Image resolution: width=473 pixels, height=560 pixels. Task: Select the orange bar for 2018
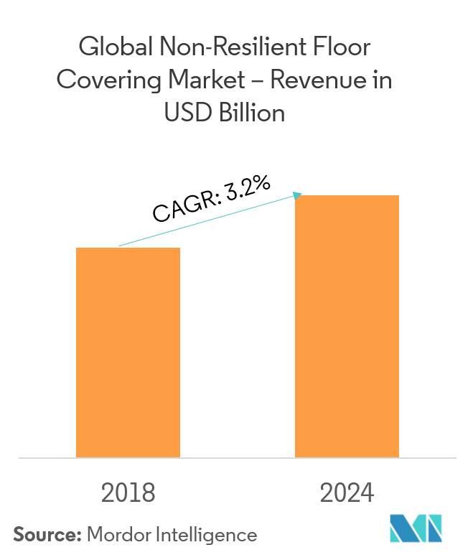(x=128, y=353)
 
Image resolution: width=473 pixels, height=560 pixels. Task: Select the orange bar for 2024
(x=347, y=326)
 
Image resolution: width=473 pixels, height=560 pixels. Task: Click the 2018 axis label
(x=128, y=493)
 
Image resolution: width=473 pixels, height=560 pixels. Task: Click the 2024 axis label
(x=347, y=493)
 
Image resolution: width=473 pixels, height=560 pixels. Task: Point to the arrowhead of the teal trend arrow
(x=299, y=195)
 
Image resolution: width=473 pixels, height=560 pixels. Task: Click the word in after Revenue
(x=382, y=80)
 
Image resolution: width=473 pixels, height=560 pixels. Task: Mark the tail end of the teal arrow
(x=119, y=246)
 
